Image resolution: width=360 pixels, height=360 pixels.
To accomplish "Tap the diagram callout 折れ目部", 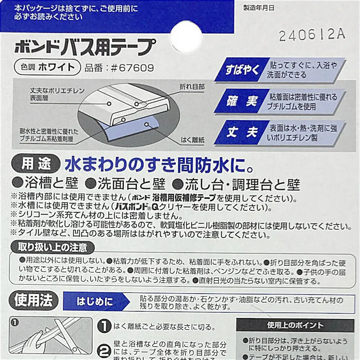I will pyautogui.click(x=192, y=87).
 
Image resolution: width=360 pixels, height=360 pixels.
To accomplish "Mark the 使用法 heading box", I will pyautogui.click(x=33, y=301).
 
